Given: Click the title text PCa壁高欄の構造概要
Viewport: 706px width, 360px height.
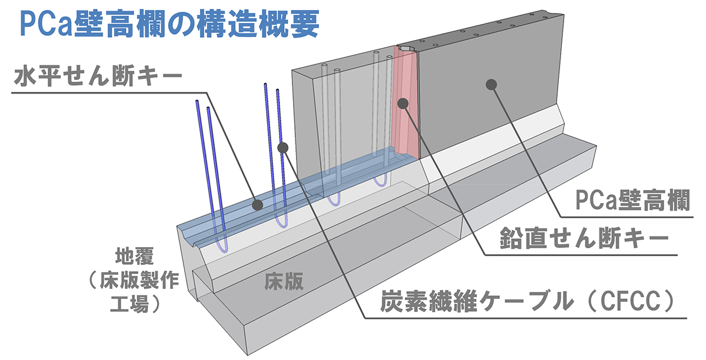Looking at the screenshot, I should click(x=169, y=25).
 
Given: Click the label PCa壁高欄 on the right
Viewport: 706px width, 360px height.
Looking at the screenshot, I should click(x=632, y=201).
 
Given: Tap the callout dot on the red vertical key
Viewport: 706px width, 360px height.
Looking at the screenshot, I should click(x=403, y=104).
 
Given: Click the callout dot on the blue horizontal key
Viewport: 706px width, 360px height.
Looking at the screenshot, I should click(x=258, y=205).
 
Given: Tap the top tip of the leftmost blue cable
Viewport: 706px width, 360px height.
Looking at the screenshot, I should click(x=197, y=102).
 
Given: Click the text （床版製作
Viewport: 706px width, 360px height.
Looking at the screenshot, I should click(x=131, y=280).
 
